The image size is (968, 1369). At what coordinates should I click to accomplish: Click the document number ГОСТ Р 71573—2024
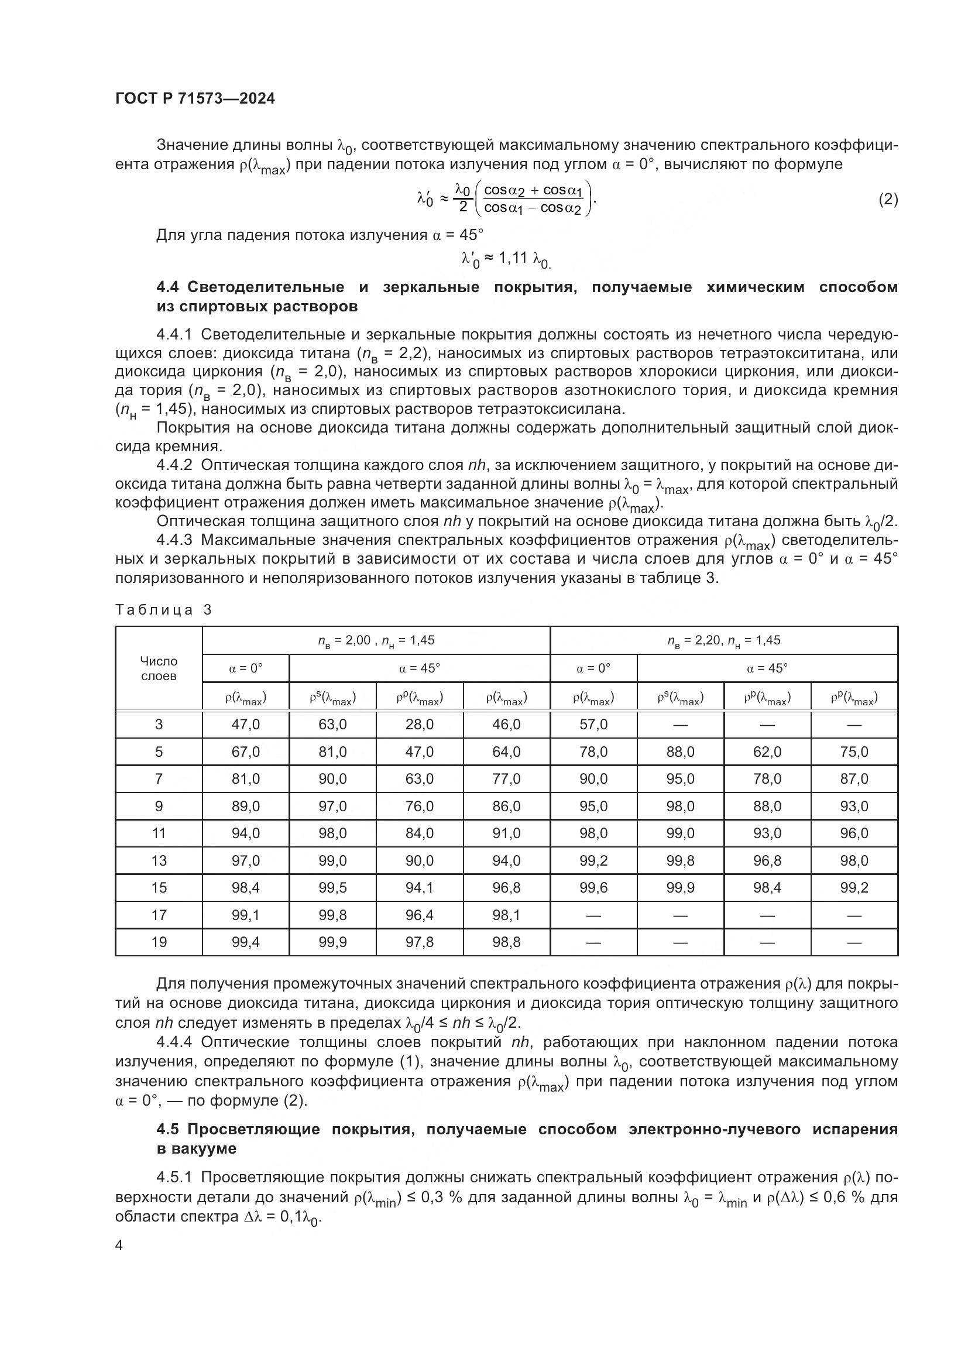point(195,99)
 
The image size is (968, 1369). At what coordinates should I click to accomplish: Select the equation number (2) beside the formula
point(888,199)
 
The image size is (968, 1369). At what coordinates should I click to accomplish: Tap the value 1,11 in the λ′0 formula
point(513,258)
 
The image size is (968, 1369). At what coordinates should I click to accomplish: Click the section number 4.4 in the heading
point(167,287)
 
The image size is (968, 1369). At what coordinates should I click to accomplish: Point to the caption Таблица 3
point(163,609)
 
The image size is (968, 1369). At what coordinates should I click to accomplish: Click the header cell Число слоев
point(159,668)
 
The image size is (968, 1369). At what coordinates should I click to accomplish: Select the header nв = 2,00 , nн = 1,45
point(376,640)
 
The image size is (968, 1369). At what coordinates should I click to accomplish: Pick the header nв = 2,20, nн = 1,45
point(723,640)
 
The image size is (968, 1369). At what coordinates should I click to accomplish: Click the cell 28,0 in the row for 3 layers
point(420,725)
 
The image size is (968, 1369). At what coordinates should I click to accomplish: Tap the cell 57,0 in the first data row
point(593,725)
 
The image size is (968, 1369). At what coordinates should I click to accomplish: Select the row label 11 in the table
point(159,833)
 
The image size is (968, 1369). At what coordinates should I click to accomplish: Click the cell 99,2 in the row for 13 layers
point(593,860)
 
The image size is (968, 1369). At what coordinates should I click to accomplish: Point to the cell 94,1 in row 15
point(420,888)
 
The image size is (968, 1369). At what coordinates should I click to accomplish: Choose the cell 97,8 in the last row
point(420,942)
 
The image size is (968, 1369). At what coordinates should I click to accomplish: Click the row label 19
point(159,942)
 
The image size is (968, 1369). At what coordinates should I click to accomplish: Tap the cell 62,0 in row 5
point(767,752)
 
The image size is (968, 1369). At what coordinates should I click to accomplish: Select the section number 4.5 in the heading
point(167,1129)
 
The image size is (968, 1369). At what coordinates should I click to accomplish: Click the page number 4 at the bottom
point(119,1246)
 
